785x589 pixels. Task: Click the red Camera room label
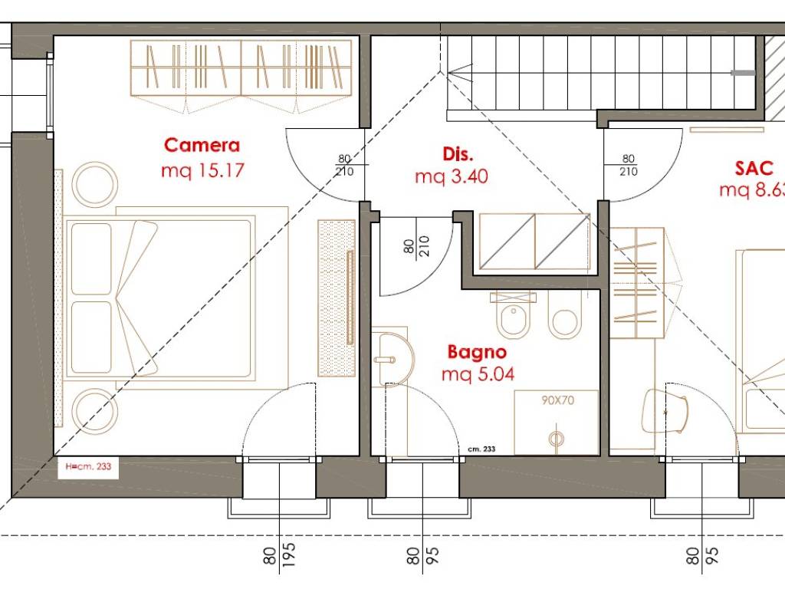202,145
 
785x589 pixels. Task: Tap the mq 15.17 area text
202,171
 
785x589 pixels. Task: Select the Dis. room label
458,153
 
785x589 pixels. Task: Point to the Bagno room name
477,353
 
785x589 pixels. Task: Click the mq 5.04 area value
478,374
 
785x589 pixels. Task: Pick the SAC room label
754,168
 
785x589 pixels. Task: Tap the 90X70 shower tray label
558,400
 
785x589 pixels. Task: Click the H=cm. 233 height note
88,467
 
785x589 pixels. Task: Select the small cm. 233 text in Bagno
481,449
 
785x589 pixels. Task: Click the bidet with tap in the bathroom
513,316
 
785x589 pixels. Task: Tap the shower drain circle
556,439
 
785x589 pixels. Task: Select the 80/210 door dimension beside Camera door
344,166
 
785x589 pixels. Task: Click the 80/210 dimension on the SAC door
629,166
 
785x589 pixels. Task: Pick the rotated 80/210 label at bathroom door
416,246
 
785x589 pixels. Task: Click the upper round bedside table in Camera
94,184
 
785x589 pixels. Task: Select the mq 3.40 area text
451,177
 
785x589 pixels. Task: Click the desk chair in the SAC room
665,412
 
